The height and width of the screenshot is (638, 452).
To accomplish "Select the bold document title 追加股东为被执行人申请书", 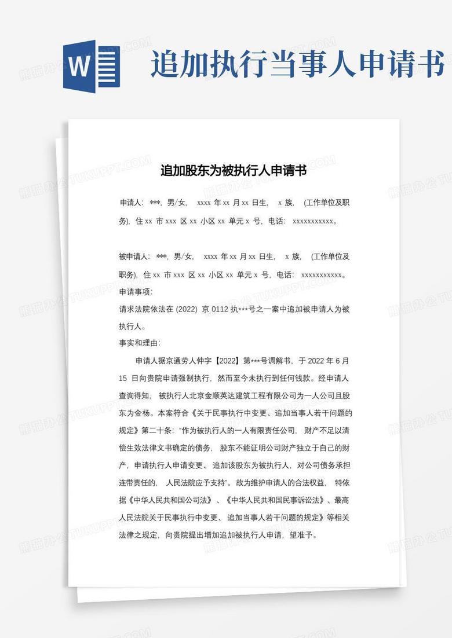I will [x=234, y=171].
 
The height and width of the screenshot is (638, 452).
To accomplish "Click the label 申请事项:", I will [x=136, y=292].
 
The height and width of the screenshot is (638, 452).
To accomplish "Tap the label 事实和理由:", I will [x=140, y=343].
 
